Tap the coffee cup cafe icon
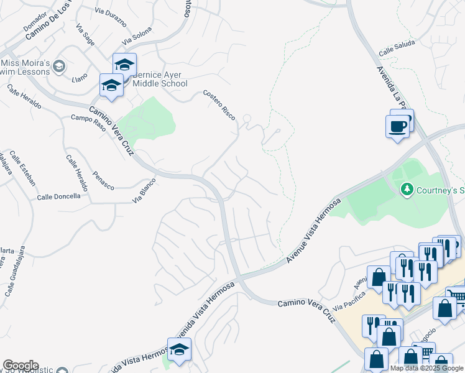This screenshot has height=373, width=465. pos(398,127)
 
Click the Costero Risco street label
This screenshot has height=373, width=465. pos(219,104)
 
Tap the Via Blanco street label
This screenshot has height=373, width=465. pos(144,196)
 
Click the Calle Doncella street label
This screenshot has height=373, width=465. pos(58,196)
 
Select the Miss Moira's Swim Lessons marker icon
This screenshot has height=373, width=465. pos(59,67)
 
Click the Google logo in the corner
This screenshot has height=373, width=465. pos(21,366)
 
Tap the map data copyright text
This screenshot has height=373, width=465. pos(426,368)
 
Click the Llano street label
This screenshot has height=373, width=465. pos(80,79)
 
